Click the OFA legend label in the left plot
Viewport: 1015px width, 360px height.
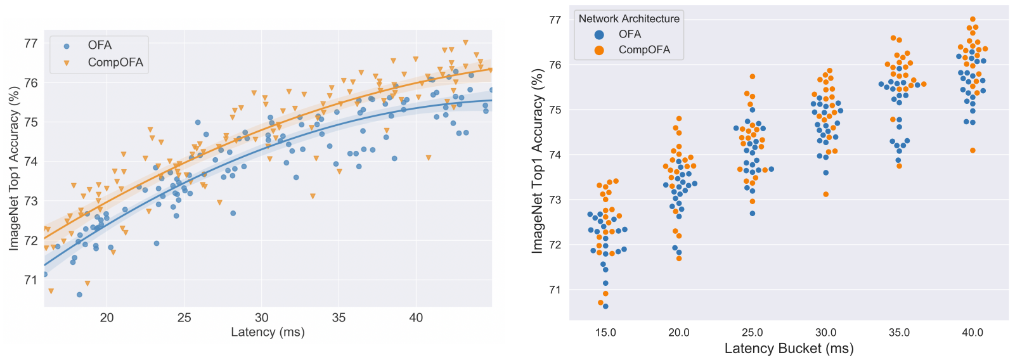click(x=100, y=46)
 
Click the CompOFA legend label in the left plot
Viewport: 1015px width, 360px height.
click(x=115, y=62)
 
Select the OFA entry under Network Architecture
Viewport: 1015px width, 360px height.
click(x=630, y=34)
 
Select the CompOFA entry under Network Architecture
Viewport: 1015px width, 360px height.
click(x=644, y=50)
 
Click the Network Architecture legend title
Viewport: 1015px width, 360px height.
click(x=629, y=19)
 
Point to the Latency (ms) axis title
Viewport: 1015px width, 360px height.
click(x=268, y=332)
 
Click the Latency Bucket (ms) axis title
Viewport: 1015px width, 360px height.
click(x=789, y=348)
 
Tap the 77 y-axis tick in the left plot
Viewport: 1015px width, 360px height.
click(x=30, y=44)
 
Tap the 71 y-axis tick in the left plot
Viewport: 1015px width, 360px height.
click(x=30, y=280)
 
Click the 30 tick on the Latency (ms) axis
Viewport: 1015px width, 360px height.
click(x=261, y=318)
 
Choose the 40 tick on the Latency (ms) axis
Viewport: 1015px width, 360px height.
click(x=416, y=318)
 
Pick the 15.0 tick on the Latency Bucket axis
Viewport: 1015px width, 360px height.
click(x=605, y=333)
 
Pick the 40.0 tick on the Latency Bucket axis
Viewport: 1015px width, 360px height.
click(x=973, y=333)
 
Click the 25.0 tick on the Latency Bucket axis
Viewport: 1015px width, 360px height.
click(x=753, y=333)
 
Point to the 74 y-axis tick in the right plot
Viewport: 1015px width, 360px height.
click(x=555, y=155)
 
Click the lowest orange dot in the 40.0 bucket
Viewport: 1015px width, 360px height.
click(x=973, y=150)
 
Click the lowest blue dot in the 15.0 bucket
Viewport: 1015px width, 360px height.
click(x=605, y=306)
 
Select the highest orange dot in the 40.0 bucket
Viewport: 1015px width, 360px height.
click(x=973, y=20)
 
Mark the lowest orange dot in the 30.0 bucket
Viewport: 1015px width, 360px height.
click(x=825, y=194)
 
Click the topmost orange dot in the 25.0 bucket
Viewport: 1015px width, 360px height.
click(x=753, y=77)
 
